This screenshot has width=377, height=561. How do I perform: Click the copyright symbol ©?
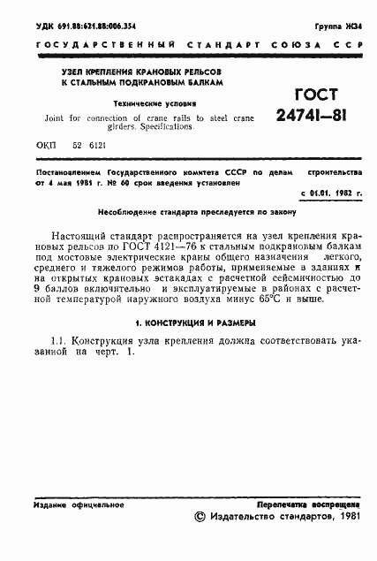click(199, 519)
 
